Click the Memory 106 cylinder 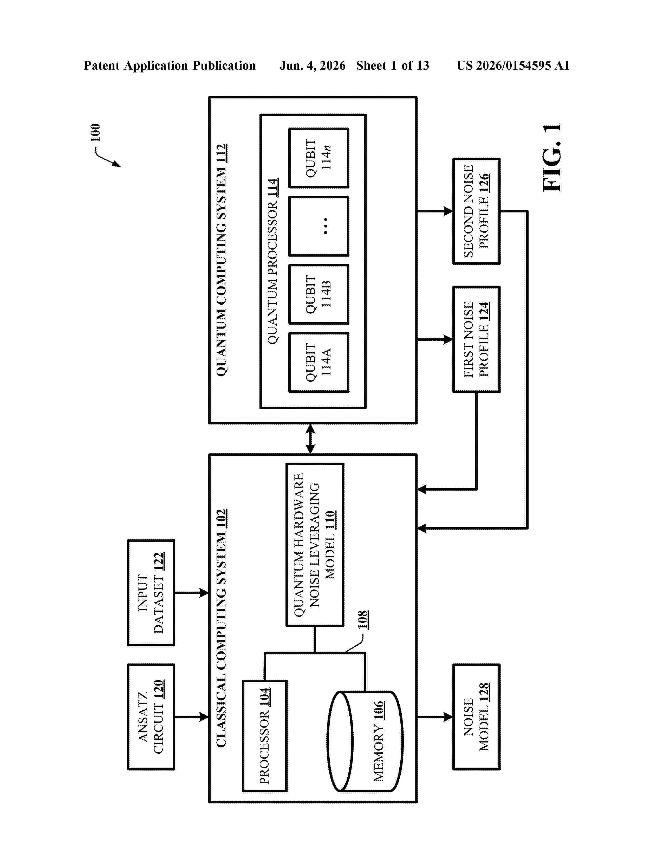[365, 741]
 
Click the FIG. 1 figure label [552, 158]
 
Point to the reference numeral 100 [95, 133]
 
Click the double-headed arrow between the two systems [310, 439]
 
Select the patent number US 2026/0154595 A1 [513, 65]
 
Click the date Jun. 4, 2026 [313, 65]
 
